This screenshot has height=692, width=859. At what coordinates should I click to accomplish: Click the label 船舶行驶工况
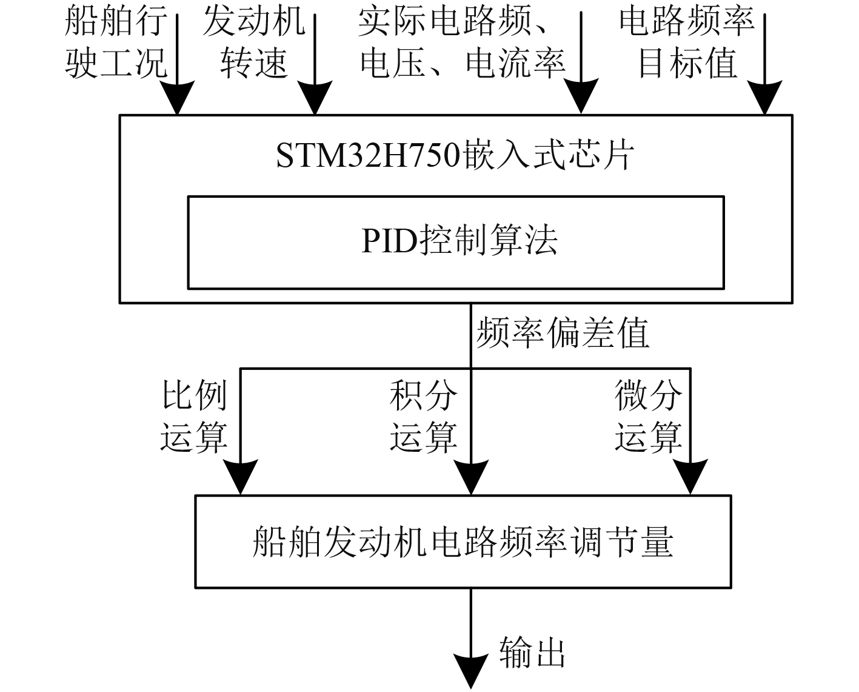pos(115,42)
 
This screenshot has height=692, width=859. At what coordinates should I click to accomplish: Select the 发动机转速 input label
pos(253,42)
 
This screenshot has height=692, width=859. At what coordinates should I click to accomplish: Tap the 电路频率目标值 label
pos(687,42)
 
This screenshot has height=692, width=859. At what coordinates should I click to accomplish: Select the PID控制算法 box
pos(455,241)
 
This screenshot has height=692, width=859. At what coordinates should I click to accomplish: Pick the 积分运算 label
pos(423,415)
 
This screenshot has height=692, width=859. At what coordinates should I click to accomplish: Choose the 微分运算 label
pos(648,415)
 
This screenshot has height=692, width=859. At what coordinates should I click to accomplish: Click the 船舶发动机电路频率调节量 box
pos(463,542)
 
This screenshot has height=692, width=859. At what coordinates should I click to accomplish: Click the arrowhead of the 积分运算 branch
pos(471,478)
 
